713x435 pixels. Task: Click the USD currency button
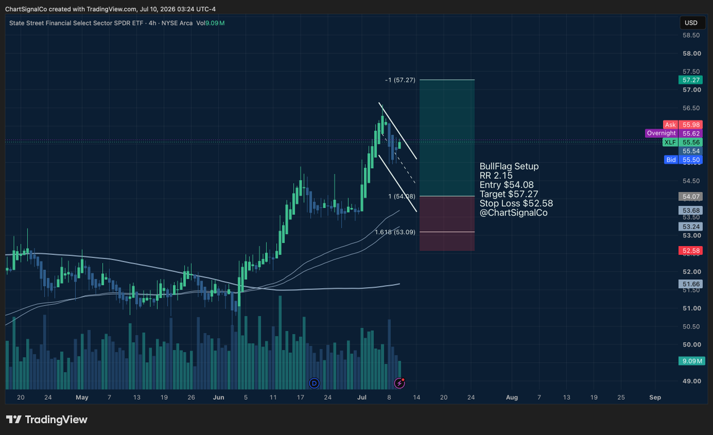pos(691,23)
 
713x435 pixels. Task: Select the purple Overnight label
pos(661,133)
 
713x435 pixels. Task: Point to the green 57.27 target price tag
pos(690,80)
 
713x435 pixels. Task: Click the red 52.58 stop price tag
pos(690,251)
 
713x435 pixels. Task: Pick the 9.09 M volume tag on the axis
pos(692,361)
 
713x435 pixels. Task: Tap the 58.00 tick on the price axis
pos(692,53)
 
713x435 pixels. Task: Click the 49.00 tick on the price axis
pos(692,381)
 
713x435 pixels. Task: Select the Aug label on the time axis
pos(512,398)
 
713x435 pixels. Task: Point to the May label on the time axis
pos(82,398)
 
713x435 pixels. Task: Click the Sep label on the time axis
pos(655,398)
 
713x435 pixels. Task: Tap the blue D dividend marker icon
pos(314,383)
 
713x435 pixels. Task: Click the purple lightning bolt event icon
pos(399,383)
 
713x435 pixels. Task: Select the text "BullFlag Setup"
pos(509,166)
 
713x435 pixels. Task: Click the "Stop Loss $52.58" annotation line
pos(516,203)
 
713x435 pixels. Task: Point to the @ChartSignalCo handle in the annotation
pos(513,213)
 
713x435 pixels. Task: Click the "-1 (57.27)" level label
pos(400,80)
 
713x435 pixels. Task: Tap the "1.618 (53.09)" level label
pos(395,232)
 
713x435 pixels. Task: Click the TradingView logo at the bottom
pos(46,420)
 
